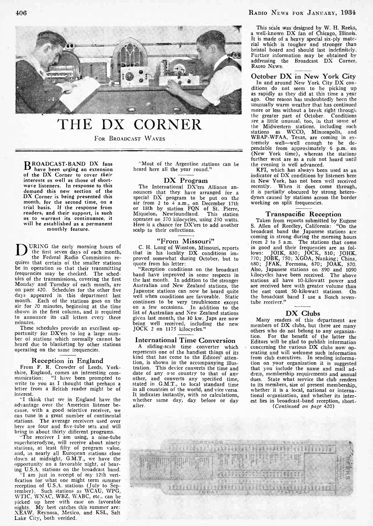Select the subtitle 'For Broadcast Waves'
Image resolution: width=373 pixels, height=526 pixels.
click(x=129, y=138)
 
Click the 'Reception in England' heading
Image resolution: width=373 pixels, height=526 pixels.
click(x=67, y=361)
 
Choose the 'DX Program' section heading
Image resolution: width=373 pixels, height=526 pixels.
click(x=186, y=180)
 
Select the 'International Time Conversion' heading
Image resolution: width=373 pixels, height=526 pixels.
click(x=185, y=340)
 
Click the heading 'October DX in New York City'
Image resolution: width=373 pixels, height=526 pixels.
click(x=303, y=76)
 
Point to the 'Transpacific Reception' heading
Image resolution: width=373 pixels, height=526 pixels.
click(x=303, y=214)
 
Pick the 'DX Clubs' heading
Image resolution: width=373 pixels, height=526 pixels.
click(x=303, y=313)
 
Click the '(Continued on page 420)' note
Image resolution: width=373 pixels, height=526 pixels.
click(x=303, y=406)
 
